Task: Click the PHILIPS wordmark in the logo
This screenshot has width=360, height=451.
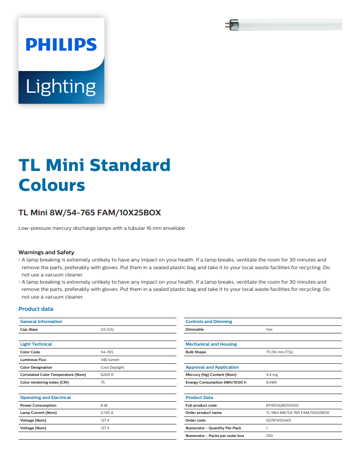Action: [61, 44]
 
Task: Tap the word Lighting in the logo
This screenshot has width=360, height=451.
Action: [61, 86]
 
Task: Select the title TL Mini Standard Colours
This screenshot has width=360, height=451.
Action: [94, 175]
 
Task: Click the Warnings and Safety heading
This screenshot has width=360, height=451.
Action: [46, 252]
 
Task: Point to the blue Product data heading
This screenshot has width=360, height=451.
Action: [36, 309]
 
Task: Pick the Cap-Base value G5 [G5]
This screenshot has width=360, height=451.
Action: [107, 329]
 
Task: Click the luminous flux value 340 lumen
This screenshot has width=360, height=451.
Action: [110, 360]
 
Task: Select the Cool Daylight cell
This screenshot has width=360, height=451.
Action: [112, 367]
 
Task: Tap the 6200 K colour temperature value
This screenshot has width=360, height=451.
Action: [107, 375]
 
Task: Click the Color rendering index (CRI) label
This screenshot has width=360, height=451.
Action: [44, 382]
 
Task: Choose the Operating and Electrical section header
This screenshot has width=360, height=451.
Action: [45, 398]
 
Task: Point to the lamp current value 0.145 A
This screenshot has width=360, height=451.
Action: [107, 413]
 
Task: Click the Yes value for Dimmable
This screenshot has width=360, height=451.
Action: [269, 329]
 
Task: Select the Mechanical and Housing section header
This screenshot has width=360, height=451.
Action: [211, 344]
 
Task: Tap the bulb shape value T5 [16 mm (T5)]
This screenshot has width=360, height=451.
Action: [279, 352]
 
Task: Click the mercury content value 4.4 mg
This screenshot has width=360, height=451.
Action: [272, 375]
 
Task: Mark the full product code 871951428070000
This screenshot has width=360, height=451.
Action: [282, 405]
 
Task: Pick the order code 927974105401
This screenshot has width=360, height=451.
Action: [279, 420]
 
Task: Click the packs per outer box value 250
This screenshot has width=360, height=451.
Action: [269, 436]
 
